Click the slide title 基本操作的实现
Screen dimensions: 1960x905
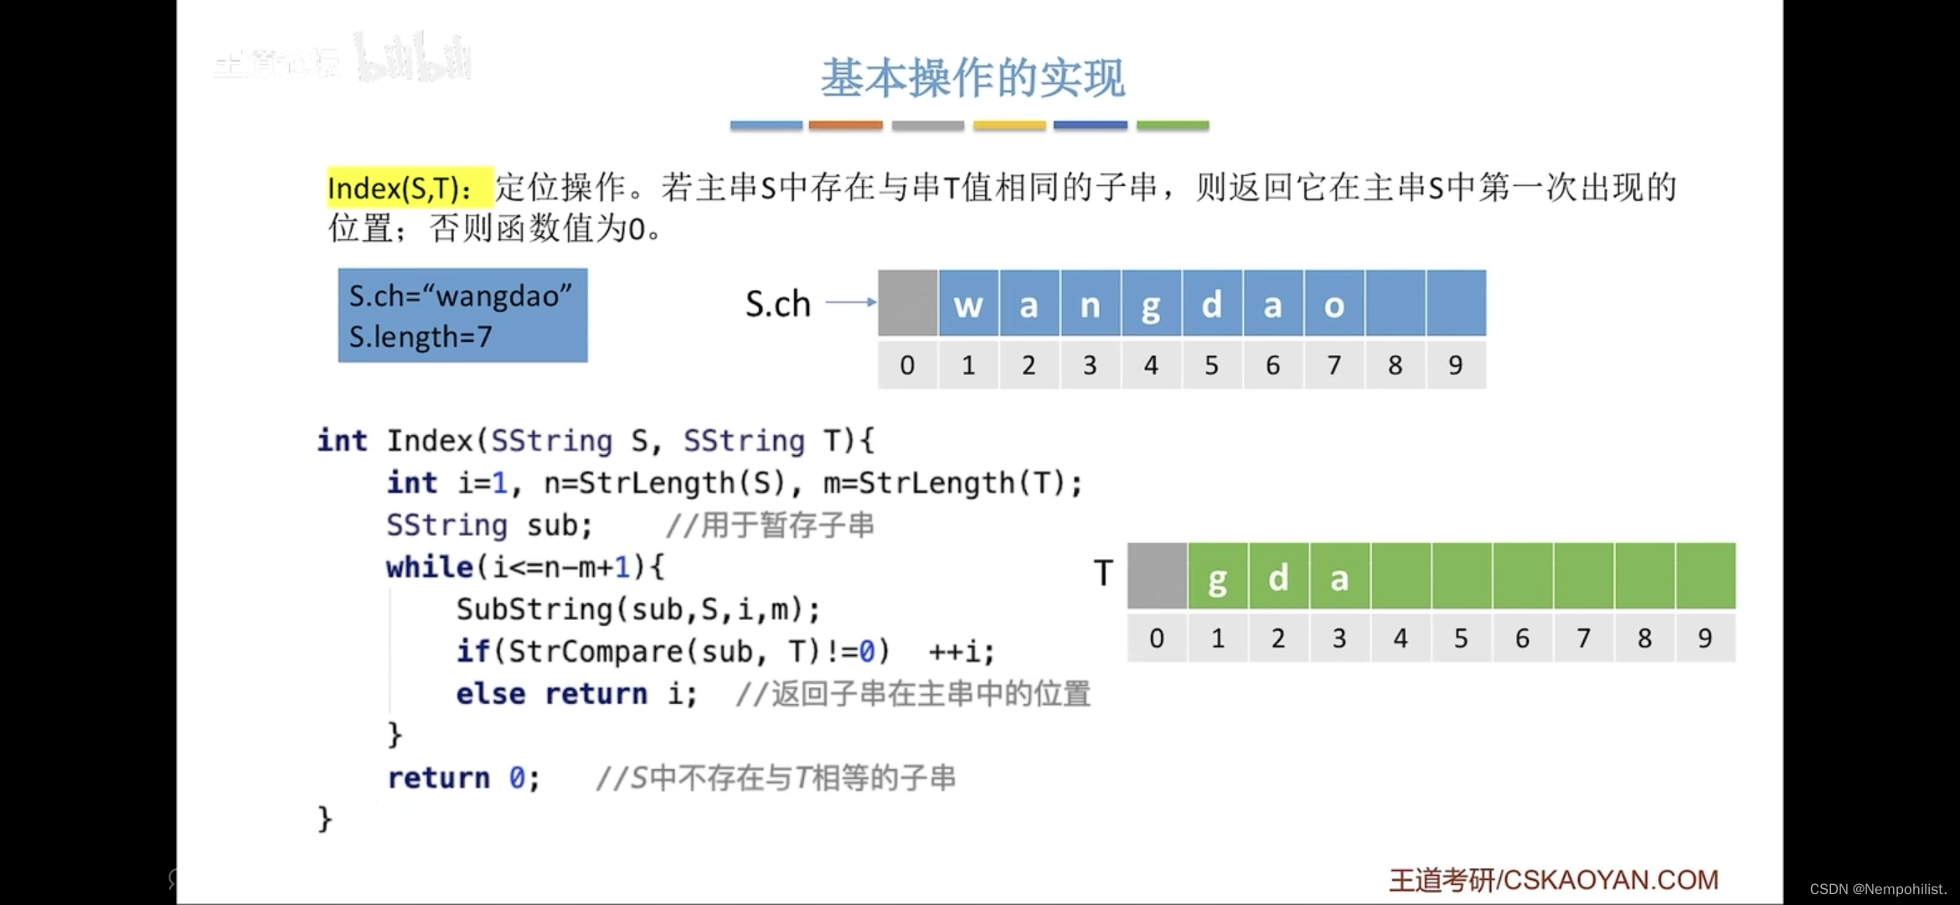click(972, 78)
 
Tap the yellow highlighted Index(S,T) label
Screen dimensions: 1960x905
click(400, 188)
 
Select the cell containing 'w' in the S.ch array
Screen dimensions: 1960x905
click(968, 304)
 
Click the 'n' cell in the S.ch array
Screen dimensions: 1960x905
click(1090, 304)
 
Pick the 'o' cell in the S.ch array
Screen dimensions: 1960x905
click(1333, 304)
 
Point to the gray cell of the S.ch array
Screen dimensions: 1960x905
click(907, 304)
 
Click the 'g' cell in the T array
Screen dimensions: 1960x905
click(1218, 577)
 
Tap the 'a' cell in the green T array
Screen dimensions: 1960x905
click(1339, 577)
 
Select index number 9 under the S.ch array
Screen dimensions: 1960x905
click(1456, 365)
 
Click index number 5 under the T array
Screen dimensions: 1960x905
click(1461, 639)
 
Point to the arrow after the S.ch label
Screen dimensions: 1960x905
click(851, 302)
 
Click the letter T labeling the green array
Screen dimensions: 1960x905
click(1103, 574)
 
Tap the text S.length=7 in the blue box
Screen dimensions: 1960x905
click(420, 337)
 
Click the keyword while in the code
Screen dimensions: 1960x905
click(429, 567)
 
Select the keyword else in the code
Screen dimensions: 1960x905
click(491, 694)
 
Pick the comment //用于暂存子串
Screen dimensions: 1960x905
click(770, 525)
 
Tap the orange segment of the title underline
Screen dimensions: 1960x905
click(845, 125)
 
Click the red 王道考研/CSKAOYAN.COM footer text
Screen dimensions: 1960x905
click(1554, 880)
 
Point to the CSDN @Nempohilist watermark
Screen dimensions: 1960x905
click(1878, 889)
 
